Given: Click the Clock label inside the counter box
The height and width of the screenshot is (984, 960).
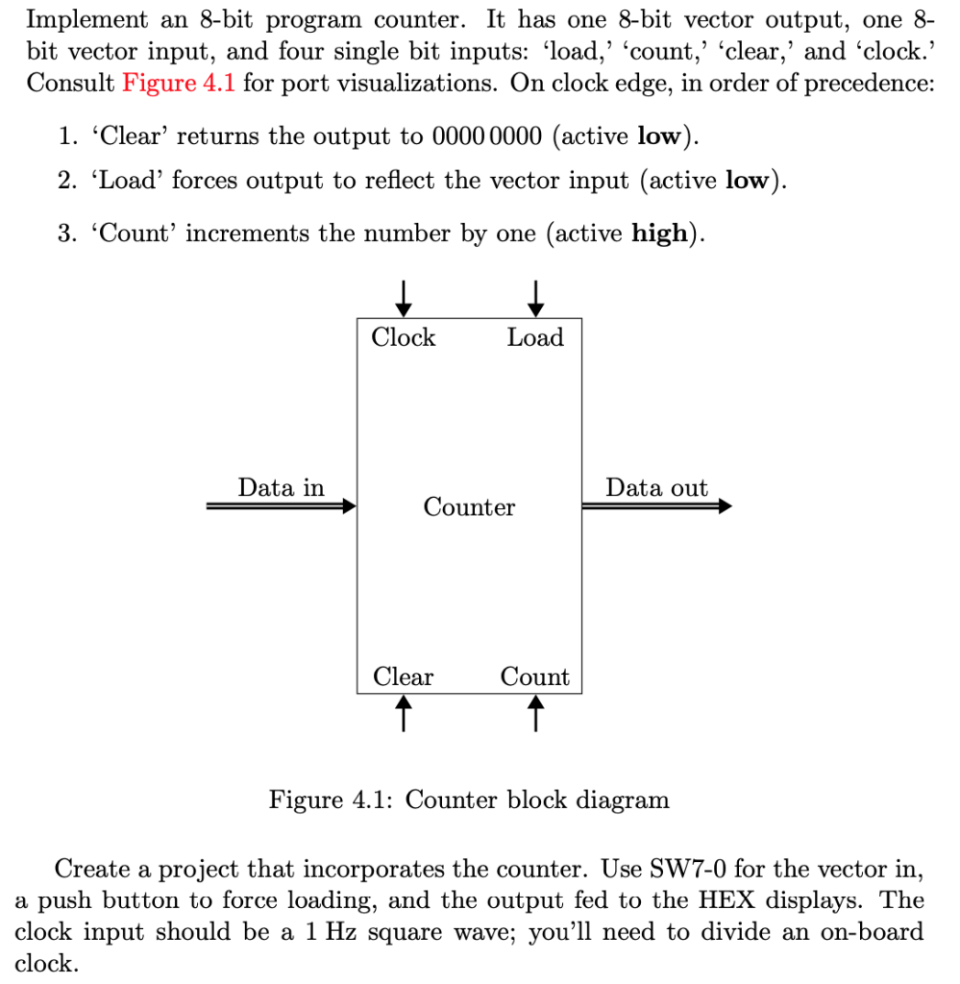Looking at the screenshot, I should click(403, 338).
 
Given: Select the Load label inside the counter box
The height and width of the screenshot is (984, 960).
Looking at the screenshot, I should click(535, 338).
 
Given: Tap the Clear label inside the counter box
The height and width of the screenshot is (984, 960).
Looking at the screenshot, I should click(403, 677).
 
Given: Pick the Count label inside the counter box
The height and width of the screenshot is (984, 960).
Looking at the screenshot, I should click(535, 677).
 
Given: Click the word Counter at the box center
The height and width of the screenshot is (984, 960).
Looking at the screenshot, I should click(469, 506).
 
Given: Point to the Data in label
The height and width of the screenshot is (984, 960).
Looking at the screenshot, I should click(282, 487).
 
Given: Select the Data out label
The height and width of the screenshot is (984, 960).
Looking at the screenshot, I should click(656, 487).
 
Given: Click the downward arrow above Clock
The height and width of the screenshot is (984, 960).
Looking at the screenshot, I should click(405, 297).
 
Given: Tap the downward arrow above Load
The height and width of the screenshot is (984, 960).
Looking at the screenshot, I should click(536, 297).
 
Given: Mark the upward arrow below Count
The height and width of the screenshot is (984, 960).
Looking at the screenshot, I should click(536, 713).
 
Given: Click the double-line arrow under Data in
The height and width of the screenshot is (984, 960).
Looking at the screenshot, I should click(282, 506).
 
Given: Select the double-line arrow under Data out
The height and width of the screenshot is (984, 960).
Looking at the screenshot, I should click(657, 506).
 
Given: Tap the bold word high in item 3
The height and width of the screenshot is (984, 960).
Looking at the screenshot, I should click(659, 234).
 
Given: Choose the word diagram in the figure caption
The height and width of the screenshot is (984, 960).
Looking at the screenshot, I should click(624, 799).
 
